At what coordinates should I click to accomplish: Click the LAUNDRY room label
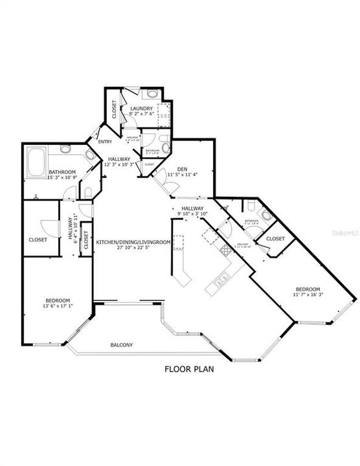(141, 108)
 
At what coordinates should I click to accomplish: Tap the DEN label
(172, 169)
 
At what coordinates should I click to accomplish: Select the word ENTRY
(105, 142)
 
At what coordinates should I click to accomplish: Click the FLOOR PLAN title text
(188, 371)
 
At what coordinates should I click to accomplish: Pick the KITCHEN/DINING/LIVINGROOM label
(133, 241)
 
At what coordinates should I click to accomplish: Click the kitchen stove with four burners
(225, 250)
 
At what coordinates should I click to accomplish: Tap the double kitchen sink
(220, 280)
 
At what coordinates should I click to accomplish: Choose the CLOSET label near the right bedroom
(276, 238)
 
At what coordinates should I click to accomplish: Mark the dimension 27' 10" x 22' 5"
(133, 247)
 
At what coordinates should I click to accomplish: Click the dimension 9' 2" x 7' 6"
(141, 114)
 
